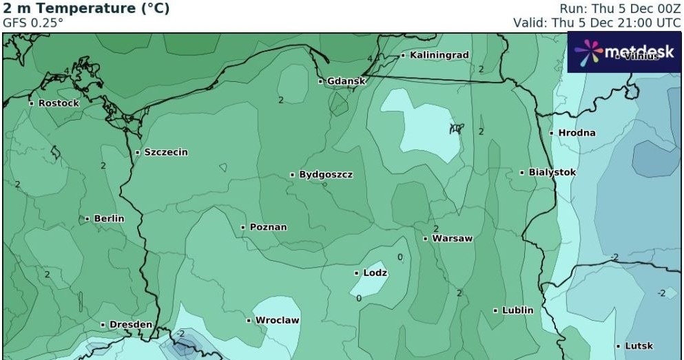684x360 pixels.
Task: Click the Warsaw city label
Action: (452, 239)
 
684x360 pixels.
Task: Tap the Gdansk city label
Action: (346, 81)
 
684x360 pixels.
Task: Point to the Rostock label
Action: (59, 103)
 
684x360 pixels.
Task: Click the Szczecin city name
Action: (165, 152)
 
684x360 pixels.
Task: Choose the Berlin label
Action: (109, 219)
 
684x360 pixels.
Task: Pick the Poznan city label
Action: (268, 227)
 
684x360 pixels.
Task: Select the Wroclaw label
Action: (277, 321)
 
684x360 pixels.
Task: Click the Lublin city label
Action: (517, 310)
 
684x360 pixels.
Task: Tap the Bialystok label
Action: (552, 172)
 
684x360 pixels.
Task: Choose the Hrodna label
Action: (577, 133)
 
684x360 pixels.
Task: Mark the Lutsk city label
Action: (639, 346)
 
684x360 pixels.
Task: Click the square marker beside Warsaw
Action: (426, 240)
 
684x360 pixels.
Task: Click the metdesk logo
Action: (625, 52)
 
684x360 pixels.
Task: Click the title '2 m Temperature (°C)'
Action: (86, 9)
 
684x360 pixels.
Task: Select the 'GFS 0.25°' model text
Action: (33, 22)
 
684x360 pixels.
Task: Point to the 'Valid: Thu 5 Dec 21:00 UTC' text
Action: (597, 22)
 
